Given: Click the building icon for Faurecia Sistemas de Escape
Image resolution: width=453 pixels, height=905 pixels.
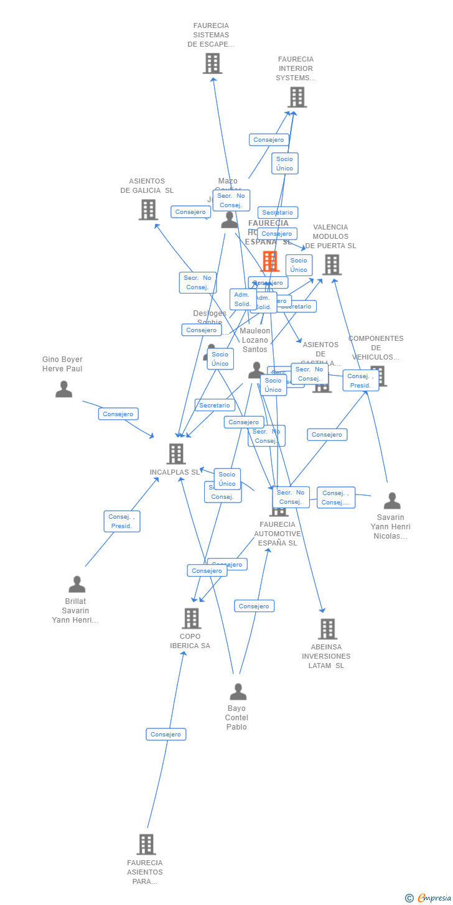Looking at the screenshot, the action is click(x=212, y=63).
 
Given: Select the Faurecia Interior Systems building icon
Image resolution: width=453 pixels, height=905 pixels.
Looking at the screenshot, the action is click(x=297, y=97).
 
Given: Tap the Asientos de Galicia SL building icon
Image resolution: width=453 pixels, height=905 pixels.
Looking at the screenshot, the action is click(x=148, y=210).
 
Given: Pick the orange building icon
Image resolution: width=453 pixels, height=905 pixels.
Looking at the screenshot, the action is click(x=270, y=261).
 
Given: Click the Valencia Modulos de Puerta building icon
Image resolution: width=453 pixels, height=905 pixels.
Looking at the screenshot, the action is click(x=332, y=264).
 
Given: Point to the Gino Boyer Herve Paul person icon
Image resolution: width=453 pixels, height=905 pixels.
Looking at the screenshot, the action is click(x=63, y=389).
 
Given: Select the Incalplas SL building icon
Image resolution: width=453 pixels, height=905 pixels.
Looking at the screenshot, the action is click(x=176, y=453).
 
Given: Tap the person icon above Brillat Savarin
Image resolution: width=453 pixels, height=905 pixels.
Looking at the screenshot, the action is click(x=77, y=584).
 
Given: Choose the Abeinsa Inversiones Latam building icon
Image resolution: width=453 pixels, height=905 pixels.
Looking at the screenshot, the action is click(x=327, y=629).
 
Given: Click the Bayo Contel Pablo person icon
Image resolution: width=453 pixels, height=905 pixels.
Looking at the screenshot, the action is click(x=238, y=691).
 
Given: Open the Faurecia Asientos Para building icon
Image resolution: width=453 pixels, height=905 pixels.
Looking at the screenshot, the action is click(x=146, y=844).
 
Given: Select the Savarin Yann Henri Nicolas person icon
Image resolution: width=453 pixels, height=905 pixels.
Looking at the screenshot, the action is click(x=392, y=501).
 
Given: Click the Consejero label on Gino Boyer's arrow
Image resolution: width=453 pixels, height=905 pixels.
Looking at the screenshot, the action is click(x=118, y=414).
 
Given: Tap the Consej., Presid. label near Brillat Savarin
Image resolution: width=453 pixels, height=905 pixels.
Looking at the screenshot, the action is click(x=122, y=521).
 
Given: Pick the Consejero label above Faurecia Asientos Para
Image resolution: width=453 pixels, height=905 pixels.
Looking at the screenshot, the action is click(x=166, y=734).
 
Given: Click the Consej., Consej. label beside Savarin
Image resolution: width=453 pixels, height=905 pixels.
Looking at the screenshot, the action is click(x=336, y=498).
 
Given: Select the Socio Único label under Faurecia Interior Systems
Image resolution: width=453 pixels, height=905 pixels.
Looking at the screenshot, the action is click(x=284, y=164).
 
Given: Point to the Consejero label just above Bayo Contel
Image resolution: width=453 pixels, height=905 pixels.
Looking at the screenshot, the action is click(x=254, y=606).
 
